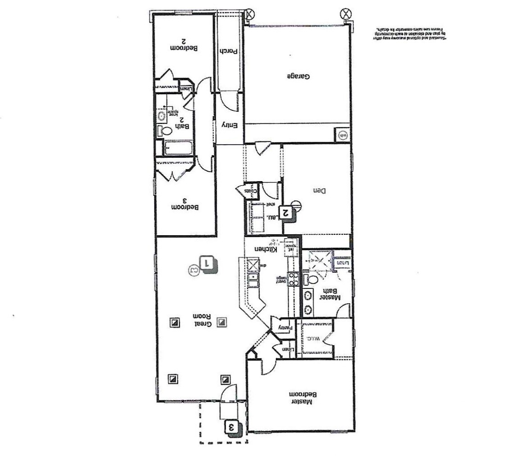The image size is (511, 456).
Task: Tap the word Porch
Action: [229, 52]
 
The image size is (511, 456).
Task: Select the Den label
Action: [319, 191]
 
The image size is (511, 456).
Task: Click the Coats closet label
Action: [251, 191]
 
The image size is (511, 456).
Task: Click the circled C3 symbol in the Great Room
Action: [194, 270]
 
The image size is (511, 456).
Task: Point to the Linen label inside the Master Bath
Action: [342, 262]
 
